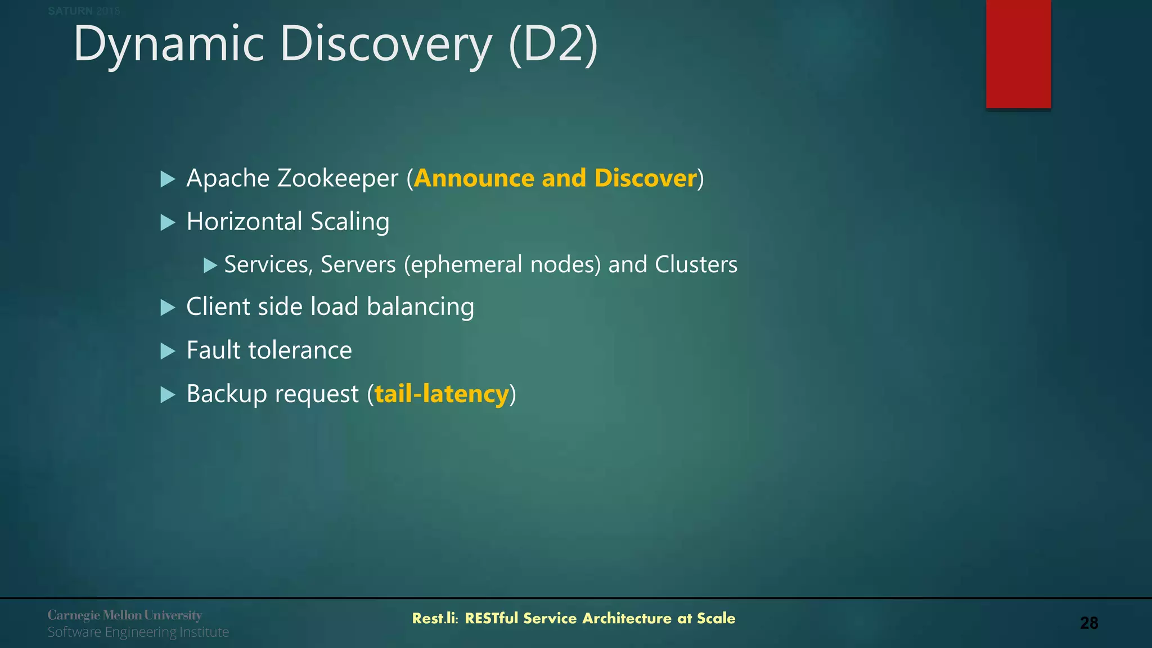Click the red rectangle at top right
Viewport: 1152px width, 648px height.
click(x=1018, y=53)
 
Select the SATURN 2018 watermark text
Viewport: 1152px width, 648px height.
click(x=84, y=11)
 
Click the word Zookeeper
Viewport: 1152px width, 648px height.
click(x=337, y=179)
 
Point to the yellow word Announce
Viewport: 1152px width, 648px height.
click(x=474, y=179)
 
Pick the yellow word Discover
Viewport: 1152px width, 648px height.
click(x=645, y=179)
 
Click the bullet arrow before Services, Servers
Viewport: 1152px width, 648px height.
click(x=210, y=265)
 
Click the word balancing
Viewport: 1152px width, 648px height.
click(x=420, y=307)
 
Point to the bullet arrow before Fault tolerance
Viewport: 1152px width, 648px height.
click(x=168, y=351)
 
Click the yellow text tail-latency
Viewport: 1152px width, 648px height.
click(x=442, y=394)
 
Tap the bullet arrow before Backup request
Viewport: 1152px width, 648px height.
click(x=168, y=394)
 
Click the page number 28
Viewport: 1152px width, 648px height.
click(x=1089, y=623)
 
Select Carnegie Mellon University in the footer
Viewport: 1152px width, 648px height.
click(x=124, y=615)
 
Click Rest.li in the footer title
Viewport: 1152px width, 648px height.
click(x=434, y=618)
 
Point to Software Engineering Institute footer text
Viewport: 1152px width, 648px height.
click(x=138, y=632)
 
